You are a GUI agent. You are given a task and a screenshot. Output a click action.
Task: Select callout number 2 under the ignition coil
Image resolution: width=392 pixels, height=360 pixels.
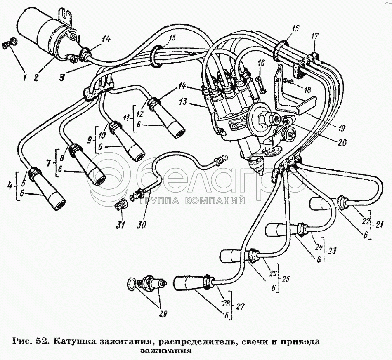click(x=36, y=77)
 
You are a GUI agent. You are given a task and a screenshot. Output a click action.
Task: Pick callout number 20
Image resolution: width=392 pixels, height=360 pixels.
click(x=342, y=144)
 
